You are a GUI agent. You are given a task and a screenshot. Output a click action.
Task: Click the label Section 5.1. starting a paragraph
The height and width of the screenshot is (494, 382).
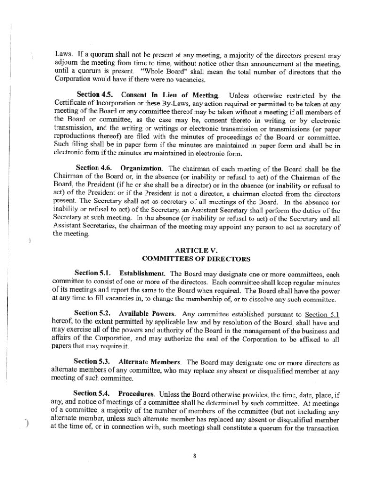pos(93,273)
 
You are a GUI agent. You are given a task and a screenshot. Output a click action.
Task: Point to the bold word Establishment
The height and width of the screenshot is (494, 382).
pos(142,273)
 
